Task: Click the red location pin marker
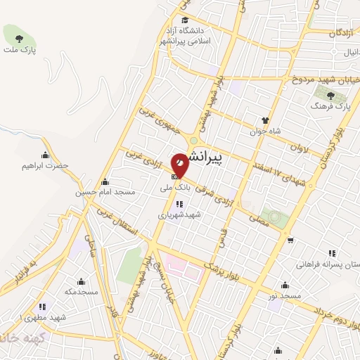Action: [180, 165]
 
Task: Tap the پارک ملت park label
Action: [19, 50]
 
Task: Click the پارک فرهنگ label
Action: [330, 105]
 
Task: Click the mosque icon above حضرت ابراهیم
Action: [46, 155]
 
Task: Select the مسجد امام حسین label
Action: [105, 191]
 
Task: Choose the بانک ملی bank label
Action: [172, 188]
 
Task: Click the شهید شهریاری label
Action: [179, 215]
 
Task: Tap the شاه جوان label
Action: [265, 131]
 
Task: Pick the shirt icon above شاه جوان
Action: [265, 120]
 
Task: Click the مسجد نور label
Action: [285, 296]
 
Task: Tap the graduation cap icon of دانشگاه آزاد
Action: [184, 20]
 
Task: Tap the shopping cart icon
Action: [290, 240]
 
